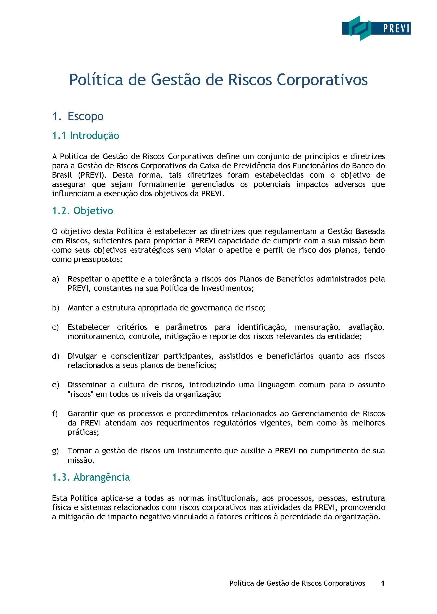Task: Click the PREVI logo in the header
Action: tap(376, 28)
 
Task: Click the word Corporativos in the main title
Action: tap(322, 80)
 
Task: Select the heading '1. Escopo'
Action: tap(78, 116)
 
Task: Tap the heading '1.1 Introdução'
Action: tap(85, 135)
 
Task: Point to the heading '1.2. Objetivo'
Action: tap(82, 211)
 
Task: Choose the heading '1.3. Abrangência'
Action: tap(91, 477)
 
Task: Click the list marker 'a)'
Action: tap(55, 279)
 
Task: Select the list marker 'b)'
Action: tap(55, 308)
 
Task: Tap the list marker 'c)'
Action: tap(55, 327)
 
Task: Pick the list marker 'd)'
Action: tap(55, 356)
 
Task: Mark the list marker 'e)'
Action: tap(55, 385)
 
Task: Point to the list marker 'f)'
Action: tap(55, 414)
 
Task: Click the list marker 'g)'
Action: tap(55, 451)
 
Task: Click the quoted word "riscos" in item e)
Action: tap(80, 394)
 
